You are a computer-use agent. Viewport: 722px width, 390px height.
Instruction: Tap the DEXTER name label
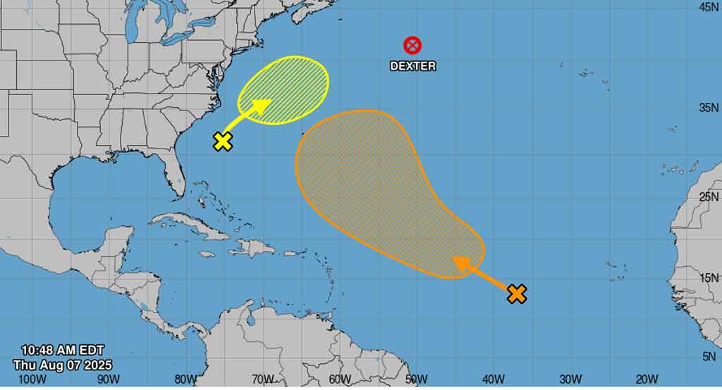413,66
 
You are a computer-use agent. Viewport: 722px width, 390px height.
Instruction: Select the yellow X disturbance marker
223,141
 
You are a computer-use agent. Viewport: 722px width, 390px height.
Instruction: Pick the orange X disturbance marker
517,294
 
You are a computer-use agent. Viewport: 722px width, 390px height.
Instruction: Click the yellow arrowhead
262,106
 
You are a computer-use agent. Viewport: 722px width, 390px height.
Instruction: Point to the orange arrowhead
461,263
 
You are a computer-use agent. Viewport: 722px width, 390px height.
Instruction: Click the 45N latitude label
708,7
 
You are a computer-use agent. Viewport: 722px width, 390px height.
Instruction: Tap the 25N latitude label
708,196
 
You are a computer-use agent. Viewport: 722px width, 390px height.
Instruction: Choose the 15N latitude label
708,278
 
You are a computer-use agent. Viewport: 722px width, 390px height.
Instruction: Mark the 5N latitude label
709,358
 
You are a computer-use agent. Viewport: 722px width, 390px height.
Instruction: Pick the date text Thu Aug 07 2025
62,365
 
